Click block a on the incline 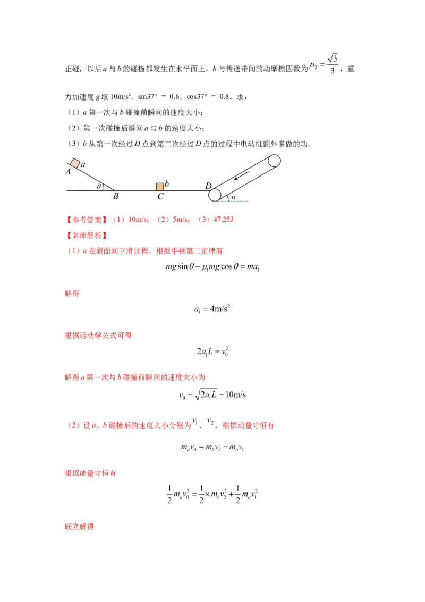(x=75, y=163)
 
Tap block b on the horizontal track (x=159, y=186)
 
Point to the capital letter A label (x=69, y=172)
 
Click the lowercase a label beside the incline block (x=83, y=165)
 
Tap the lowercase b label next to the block (x=167, y=184)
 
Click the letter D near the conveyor (x=208, y=186)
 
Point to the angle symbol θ (x=99, y=186)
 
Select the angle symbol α (x=233, y=197)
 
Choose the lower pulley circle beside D (x=215, y=195)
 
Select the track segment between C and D (x=186, y=190)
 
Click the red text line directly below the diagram (x=149, y=219)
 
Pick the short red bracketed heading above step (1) (x=85, y=235)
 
